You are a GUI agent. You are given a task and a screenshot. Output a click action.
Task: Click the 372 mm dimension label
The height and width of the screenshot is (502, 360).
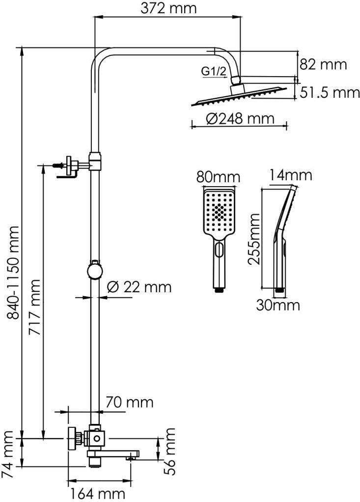point(168,8)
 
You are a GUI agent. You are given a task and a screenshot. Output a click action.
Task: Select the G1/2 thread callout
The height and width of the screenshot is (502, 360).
point(214,71)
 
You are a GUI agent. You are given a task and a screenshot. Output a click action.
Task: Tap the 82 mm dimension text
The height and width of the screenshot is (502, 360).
point(323,65)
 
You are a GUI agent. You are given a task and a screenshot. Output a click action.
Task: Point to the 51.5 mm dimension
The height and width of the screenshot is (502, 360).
point(330,92)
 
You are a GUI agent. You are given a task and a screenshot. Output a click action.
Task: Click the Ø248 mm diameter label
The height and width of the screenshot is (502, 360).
point(240,118)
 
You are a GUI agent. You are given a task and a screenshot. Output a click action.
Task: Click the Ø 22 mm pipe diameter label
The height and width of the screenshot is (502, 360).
point(139,287)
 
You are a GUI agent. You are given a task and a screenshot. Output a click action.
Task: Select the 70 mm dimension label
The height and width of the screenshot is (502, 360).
point(129,402)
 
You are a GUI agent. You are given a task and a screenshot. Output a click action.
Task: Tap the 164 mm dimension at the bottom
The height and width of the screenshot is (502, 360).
point(97,494)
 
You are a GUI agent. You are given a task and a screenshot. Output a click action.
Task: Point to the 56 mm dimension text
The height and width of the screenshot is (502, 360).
point(169,451)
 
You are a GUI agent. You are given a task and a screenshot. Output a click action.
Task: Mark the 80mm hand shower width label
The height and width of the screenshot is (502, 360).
point(218,177)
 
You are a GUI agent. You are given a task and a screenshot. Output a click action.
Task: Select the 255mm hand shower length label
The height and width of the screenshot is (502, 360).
point(254,239)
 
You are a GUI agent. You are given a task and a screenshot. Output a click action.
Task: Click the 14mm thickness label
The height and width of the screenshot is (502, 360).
point(290,175)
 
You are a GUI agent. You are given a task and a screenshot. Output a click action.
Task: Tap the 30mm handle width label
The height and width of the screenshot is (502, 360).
point(278,305)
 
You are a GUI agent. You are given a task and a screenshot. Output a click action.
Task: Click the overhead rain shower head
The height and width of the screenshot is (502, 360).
point(239,95)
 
